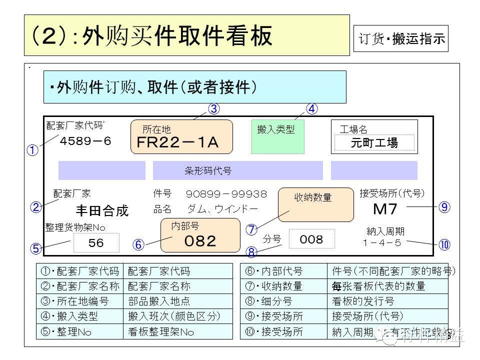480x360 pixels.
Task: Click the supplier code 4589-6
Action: [x=85, y=141]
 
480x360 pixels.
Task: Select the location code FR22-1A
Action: [x=178, y=142]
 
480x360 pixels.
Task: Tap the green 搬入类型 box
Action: [x=277, y=136]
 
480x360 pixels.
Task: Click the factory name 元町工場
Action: [x=374, y=143]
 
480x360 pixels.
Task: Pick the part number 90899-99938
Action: [x=226, y=194]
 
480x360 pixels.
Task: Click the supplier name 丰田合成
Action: [x=102, y=210]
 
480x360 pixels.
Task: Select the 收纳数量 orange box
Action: [x=312, y=204]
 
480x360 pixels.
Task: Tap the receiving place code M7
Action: [x=385, y=209]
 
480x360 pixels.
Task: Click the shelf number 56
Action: [x=96, y=243]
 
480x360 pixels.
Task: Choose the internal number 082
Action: [x=200, y=241]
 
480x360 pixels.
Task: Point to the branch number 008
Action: [x=311, y=239]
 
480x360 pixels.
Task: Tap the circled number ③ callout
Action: [x=214, y=108]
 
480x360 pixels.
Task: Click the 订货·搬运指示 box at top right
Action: [x=401, y=39]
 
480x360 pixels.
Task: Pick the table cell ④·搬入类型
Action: [x=79, y=316]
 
